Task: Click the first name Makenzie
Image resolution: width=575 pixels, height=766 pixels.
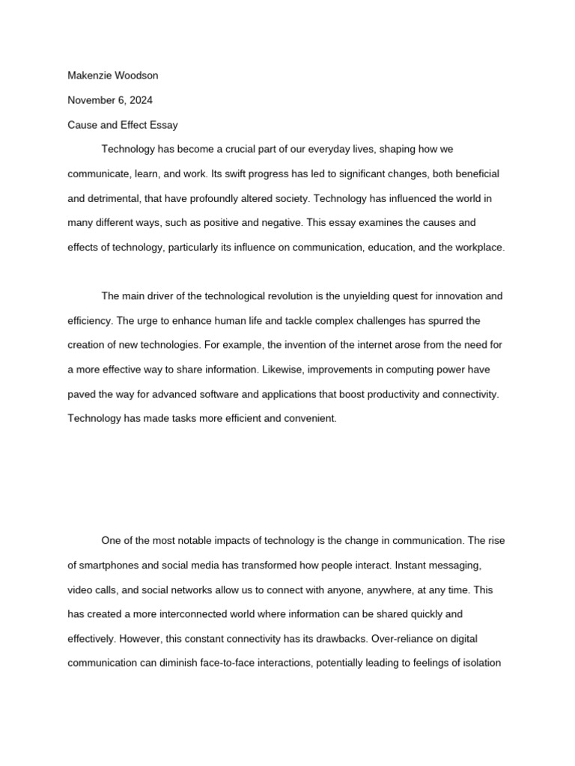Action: coord(90,76)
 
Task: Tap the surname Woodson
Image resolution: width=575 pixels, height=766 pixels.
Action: coord(136,76)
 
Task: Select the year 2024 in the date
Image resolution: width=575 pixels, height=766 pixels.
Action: coord(141,100)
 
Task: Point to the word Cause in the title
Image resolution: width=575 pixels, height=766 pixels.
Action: coord(82,125)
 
